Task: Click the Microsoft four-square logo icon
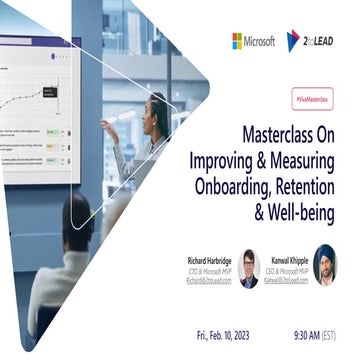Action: [x=239, y=41]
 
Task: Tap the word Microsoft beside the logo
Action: [x=262, y=41]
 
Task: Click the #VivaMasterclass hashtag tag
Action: [x=312, y=101]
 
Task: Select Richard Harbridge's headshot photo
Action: [x=249, y=268]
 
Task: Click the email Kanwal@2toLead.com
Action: [x=286, y=281]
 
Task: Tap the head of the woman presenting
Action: [x=158, y=107]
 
